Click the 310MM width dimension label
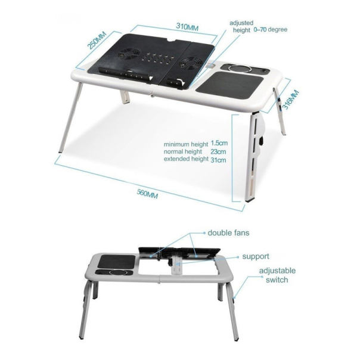187,27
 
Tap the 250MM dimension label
97,41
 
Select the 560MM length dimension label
147,194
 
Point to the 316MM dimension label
290,100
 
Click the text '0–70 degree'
271,30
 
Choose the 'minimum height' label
186,144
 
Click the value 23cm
218,151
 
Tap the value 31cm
218,160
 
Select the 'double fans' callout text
228,233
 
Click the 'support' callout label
256,257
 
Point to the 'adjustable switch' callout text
277,275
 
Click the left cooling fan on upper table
128,54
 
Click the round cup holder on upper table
240,68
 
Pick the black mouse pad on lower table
116,261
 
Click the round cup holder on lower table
117,272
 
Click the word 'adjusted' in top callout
241,23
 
